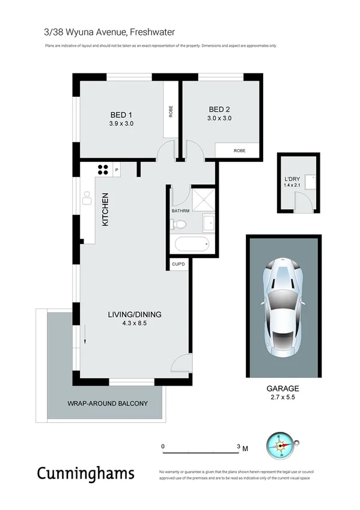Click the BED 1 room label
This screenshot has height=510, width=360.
coord(121,115)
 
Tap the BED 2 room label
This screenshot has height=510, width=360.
coord(219,109)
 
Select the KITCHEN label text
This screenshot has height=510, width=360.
coord(105,209)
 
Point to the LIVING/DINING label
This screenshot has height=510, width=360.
coord(135,315)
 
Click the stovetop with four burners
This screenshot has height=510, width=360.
coord(103,170)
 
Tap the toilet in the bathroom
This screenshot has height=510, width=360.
coord(178,225)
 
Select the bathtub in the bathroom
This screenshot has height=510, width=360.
coord(191,245)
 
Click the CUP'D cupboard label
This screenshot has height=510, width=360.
coord(178,264)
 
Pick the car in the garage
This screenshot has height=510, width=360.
coord(283,306)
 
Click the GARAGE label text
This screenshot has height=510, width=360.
coord(283,389)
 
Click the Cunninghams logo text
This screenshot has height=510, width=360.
coord(85,473)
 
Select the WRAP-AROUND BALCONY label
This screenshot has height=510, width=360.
coord(107,403)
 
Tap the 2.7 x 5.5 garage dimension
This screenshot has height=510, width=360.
coord(283,398)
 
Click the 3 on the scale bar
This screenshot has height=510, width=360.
coord(239,447)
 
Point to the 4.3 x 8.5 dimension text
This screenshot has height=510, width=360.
coord(135,323)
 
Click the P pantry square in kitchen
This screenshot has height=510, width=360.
coord(116,170)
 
